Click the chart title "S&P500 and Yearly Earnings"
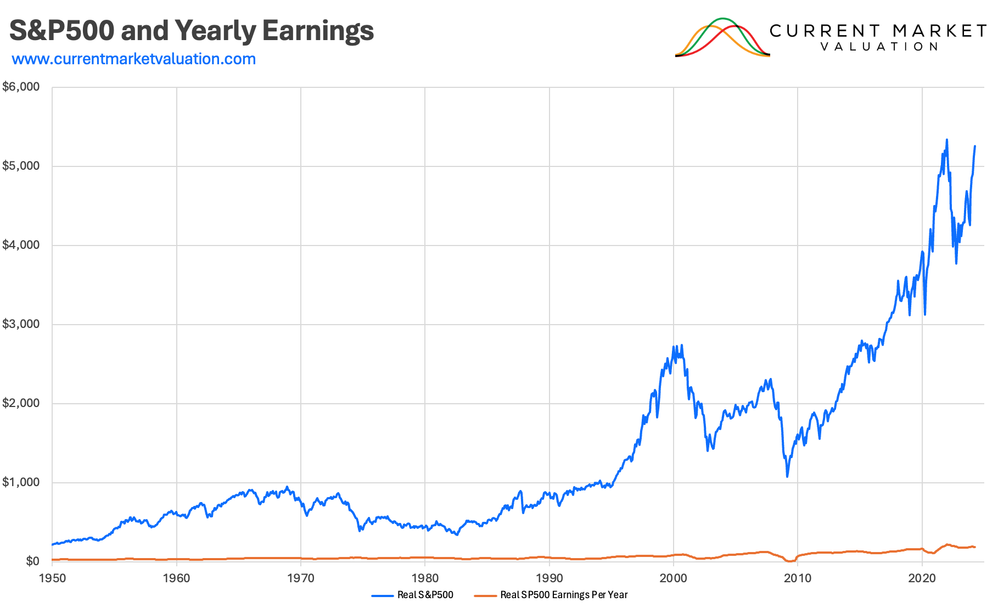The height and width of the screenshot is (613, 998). tap(192, 31)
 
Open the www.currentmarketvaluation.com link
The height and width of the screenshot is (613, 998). tap(133, 59)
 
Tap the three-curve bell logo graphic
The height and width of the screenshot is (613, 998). tap(722, 37)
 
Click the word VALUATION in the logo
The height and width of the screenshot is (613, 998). tap(879, 47)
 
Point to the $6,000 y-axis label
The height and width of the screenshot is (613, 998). tap(21, 87)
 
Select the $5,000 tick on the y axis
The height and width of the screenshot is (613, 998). tap(21, 166)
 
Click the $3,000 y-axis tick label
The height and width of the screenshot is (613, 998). tap(21, 324)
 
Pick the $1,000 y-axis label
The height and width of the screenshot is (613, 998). tap(21, 482)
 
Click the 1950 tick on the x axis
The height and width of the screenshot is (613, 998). tap(52, 578)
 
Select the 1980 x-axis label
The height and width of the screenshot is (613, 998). tap(425, 578)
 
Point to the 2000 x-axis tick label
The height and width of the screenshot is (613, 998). tap(674, 578)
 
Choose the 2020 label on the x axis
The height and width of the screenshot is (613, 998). tap(922, 578)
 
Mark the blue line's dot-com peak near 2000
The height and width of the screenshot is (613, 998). tap(681, 345)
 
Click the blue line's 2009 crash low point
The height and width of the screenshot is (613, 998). tap(787, 476)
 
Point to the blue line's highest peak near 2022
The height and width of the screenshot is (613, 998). tap(947, 140)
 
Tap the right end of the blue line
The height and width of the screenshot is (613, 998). tap(975, 146)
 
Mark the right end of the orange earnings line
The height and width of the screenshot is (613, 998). tap(975, 547)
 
